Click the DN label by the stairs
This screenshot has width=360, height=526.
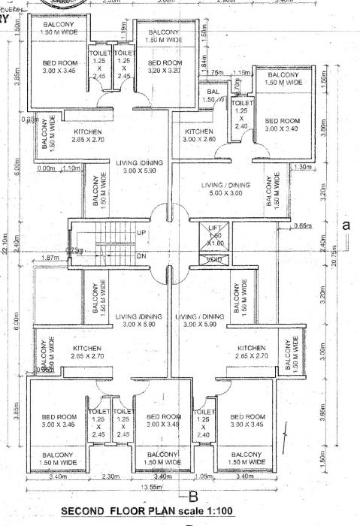coord(141,255)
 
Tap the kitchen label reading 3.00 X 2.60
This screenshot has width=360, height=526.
coord(200,135)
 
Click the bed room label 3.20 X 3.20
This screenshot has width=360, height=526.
coord(164,68)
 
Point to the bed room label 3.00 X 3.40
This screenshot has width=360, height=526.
coord(282,125)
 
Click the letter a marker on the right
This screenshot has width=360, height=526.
coord(346,224)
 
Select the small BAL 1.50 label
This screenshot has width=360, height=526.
coord(211,95)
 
